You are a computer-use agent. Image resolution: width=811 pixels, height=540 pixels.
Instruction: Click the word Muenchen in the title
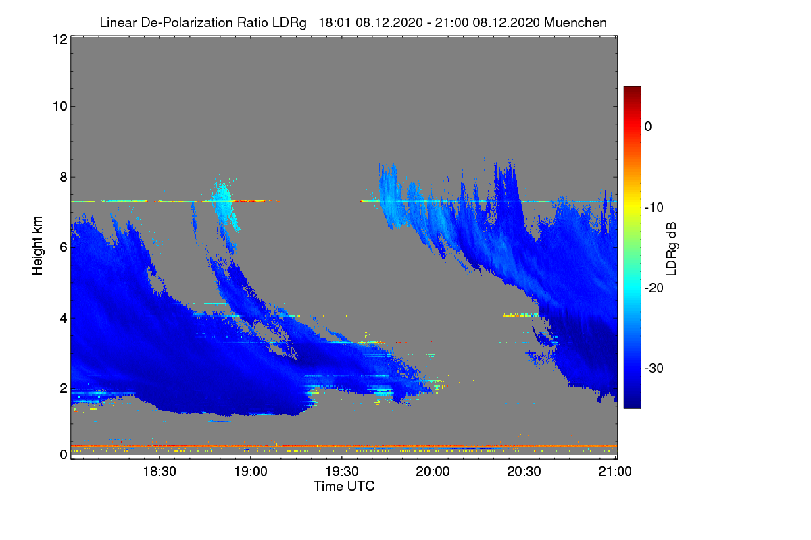click(x=575, y=22)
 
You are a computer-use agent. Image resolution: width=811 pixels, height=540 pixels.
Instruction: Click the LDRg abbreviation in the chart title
click(x=292, y=22)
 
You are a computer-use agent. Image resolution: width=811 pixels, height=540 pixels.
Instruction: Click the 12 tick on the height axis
click(x=59, y=39)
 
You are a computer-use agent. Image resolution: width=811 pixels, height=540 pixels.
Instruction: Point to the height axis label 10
click(x=59, y=106)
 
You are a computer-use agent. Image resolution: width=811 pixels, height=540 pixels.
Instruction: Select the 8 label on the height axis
click(x=63, y=177)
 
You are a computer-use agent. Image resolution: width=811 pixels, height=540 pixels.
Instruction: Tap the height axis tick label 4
click(x=63, y=317)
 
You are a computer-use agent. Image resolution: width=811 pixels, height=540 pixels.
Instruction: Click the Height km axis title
click(x=39, y=246)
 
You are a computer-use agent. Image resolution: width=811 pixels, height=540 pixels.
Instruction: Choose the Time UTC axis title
click(x=344, y=486)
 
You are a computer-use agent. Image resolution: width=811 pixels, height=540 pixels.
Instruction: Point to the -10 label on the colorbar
click(x=656, y=207)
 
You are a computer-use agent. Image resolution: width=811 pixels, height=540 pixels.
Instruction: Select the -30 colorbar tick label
click(x=656, y=369)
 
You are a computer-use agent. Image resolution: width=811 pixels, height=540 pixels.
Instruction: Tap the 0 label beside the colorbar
click(x=648, y=126)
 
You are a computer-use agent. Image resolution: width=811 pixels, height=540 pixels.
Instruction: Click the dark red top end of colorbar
click(x=632, y=90)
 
